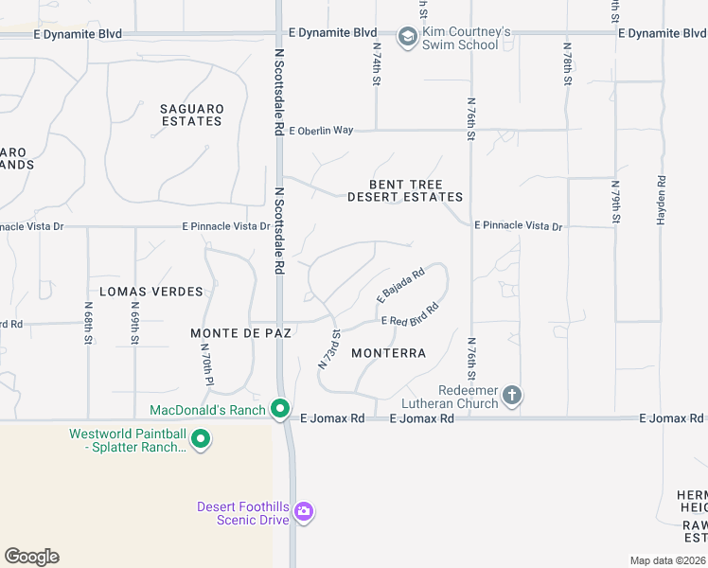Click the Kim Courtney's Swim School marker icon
tap(408, 38)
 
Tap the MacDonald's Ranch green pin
tap(280, 409)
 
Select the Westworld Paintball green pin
tap(201, 439)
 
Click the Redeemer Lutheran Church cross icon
tap(512, 395)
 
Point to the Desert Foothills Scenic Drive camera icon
tap(304, 513)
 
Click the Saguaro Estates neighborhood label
tap(192, 115)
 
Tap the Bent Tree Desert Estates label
tap(405, 190)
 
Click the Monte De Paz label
tap(241, 333)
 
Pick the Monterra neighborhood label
tap(388, 353)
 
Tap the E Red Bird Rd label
tap(412, 315)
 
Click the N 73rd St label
tap(329, 348)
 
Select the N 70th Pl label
tap(204, 362)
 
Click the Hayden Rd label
tap(661, 199)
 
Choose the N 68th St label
tap(87, 323)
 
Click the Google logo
tap(31, 557)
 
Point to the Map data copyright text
tap(668, 560)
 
